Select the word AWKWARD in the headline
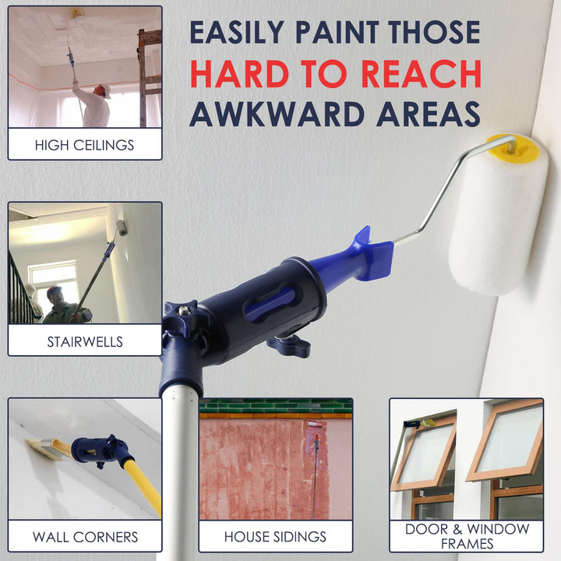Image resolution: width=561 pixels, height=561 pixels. (x=277, y=114)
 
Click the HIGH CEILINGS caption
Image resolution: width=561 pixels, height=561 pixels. (x=84, y=145)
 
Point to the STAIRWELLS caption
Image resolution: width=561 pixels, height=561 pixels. (x=85, y=342)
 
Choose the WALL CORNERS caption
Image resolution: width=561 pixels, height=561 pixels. (x=85, y=537)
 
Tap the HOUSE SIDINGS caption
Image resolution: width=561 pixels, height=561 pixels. (x=275, y=537)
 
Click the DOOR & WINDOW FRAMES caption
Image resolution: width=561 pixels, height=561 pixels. (x=467, y=536)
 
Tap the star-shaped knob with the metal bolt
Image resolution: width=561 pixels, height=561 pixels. (x=182, y=312)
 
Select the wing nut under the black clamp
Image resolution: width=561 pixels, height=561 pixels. (x=289, y=346)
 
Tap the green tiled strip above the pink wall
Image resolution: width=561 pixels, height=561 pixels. (x=276, y=407)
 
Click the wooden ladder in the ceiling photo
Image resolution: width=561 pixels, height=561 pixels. (x=149, y=78)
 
